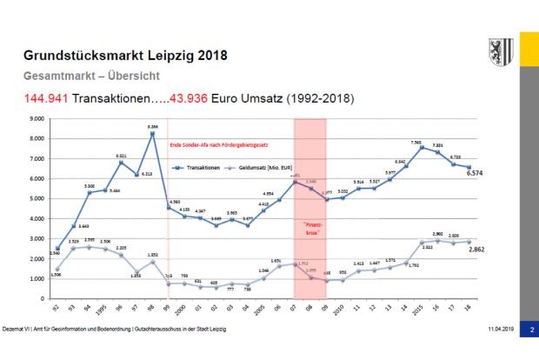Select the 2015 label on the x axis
423,309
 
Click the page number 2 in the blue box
531,352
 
